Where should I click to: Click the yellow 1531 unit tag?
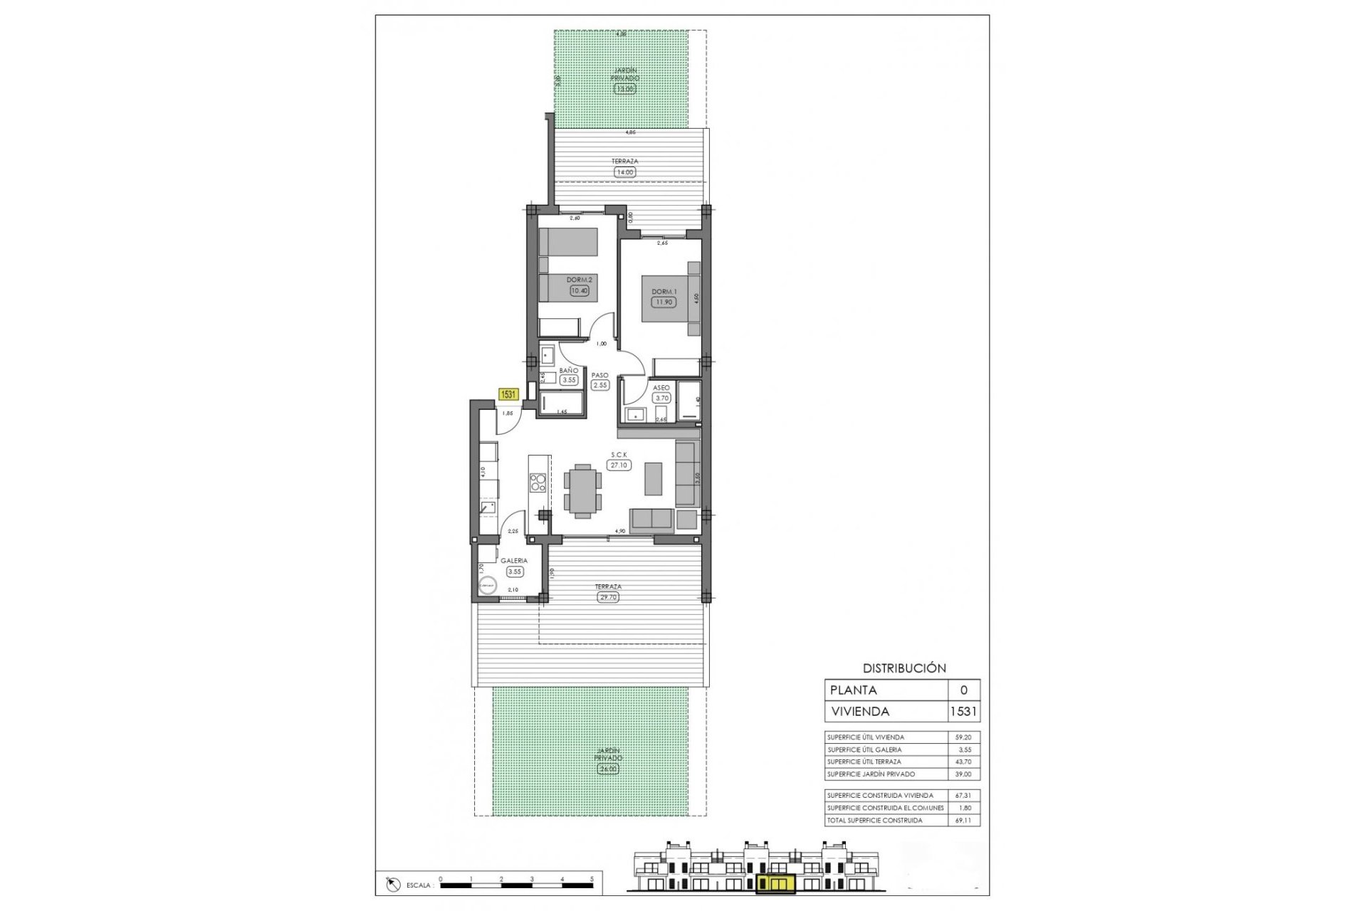(508, 394)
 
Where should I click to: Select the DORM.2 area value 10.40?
(580, 290)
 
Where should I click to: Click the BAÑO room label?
(568, 371)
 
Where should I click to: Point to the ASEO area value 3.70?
(661, 399)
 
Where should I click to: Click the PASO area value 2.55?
(600, 385)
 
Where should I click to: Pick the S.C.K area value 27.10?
(619, 465)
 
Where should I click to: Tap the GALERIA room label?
(513, 561)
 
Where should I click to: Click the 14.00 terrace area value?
(624, 172)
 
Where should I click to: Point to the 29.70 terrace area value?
(608, 597)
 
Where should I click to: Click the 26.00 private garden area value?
(607, 769)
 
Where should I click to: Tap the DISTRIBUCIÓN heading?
(904, 668)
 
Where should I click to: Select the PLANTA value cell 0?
(964, 690)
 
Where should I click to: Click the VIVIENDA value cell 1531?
(963, 711)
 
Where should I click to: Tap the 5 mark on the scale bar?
(592, 879)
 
